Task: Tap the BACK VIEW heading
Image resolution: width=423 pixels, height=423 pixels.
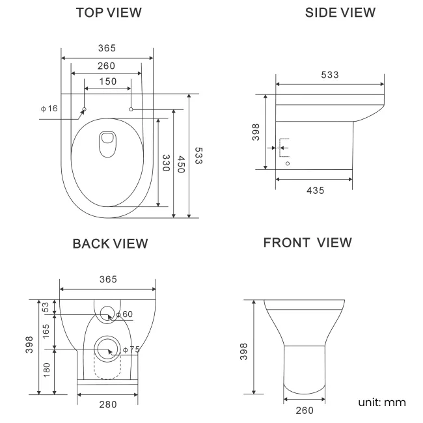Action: click(x=110, y=243)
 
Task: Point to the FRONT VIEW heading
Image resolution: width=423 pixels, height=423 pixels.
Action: click(x=307, y=243)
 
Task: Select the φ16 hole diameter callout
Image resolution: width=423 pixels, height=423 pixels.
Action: click(x=49, y=108)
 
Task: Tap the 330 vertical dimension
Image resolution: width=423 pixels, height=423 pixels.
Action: click(x=167, y=163)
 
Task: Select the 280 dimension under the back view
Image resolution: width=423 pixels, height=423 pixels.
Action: click(x=107, y=405)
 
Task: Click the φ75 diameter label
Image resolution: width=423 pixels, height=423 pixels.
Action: click(x=130, y=349)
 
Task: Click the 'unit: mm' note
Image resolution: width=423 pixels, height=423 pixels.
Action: click(x=382, y=402)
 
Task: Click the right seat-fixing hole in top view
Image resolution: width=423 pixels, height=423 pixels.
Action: click(x=131, y=109)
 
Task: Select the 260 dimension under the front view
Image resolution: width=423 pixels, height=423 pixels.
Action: click(x=305, y=410)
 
